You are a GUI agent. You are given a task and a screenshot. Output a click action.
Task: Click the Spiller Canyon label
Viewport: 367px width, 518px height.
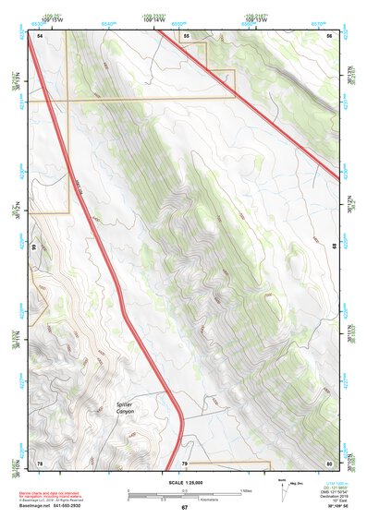point(126,406)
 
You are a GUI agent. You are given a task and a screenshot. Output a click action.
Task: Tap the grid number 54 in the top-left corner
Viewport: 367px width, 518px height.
point(40,35)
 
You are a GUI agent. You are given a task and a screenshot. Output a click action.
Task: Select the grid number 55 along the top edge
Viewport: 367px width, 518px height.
point(186,35)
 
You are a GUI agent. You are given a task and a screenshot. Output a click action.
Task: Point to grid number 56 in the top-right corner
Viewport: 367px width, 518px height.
point(330,35)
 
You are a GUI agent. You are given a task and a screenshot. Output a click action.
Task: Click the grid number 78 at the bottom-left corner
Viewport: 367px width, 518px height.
point(40,462)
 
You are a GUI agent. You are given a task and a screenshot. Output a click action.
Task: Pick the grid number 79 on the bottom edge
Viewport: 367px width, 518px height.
point(185,462)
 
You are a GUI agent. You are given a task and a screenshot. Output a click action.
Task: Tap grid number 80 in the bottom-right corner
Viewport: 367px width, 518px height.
point(330,462)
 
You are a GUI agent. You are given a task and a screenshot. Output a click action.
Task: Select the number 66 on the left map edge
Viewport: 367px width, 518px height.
point(34,247)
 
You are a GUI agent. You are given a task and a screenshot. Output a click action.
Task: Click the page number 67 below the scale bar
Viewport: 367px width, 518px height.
point(184,508)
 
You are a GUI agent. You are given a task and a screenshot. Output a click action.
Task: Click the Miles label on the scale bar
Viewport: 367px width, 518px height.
point(244,490)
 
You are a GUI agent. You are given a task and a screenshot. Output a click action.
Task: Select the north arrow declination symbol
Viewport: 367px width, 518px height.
point(283,488)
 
